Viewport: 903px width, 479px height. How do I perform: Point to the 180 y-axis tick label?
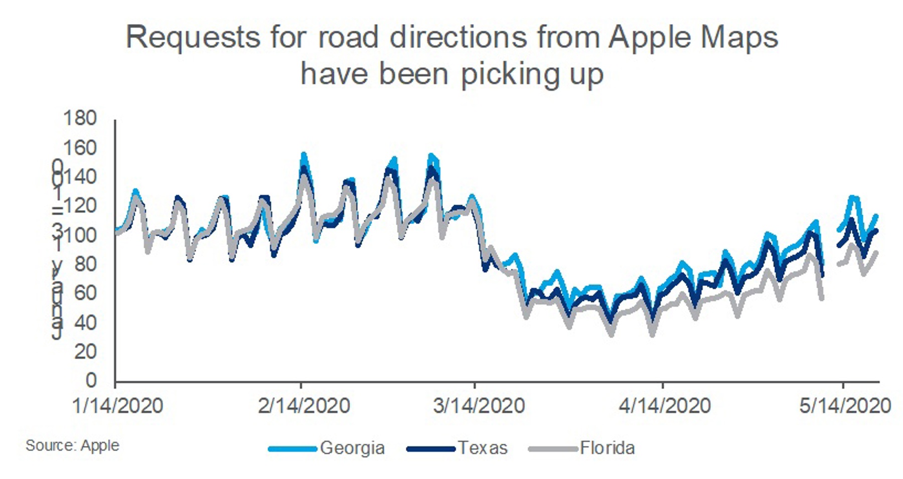click(x=79, y=118)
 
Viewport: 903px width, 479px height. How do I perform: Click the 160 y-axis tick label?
click(x=79, y=148)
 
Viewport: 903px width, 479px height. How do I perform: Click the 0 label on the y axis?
click(x=91, y=381)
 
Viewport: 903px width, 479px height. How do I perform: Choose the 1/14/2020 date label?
click(x=117, y=406)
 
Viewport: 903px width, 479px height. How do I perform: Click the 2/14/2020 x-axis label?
click(x=304, y=406)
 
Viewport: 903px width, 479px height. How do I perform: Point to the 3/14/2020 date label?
click(x=479, y=406)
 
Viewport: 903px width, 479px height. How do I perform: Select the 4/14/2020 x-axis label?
click(x=665, y=406)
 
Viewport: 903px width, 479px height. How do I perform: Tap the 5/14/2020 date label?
click(x=845, y=406)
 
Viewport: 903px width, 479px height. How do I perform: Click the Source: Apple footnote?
click(x=72, y=445)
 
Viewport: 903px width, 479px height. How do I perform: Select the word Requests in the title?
click(x=193, y=37)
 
